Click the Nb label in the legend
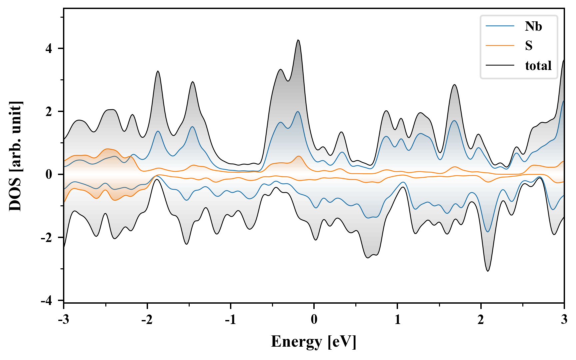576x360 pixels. [x=533, y=26]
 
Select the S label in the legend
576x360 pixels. [x=529, y=46]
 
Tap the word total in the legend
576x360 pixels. [x=538, y=65]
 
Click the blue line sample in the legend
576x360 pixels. [x=500, y=26]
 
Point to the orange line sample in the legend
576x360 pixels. [x=500, y=46]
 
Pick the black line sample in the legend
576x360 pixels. [x=500, y=65]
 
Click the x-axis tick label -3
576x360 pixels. [x=63, y=319]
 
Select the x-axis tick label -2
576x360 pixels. [x=147, y=319]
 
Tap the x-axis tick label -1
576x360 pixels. [x=230, y=319]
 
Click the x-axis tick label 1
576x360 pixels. [x=397, y=319]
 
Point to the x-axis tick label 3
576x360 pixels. [x=564, y=319]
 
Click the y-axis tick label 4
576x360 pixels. [x=49, y=49]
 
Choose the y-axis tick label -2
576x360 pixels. [x=47, y=238]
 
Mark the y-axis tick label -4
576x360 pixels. [x=47, y=301]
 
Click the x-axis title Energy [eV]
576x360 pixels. [x=314, y=342]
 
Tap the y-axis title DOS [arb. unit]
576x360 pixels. [x=15, y=156]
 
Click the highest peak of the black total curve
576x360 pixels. [x=298, y=40]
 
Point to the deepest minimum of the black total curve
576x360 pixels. [x=488, y=271]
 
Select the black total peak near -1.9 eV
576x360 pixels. [x=158, y=71]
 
